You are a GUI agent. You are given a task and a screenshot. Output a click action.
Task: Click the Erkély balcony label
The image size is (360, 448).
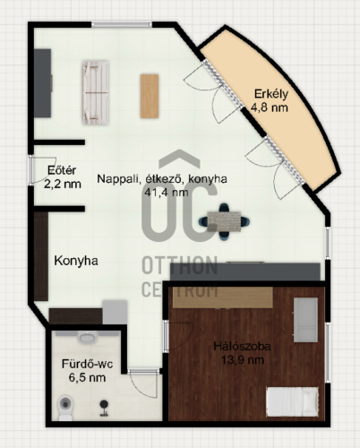click(x=271, y=94)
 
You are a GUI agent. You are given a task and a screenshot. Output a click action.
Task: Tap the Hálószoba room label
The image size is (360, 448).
click(x=243, y=347)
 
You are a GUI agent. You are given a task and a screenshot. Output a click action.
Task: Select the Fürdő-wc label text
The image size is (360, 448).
click(x=87, y=364)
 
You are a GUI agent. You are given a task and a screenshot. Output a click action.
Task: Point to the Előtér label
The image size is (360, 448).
click(x=62, y=170)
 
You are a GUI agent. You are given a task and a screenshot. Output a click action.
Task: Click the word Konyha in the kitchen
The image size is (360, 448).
click(x=76, y=261)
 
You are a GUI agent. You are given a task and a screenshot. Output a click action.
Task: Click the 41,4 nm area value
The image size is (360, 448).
click(x=167, y=193)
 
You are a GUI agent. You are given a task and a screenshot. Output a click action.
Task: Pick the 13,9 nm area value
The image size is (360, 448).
click(x=243, y=359)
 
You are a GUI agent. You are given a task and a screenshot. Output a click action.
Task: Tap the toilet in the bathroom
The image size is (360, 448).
click(x=65, y=408)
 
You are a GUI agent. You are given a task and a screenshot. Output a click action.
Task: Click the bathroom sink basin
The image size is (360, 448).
click(x=87, y=338)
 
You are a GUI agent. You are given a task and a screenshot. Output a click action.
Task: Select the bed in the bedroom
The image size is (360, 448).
click(x=292, y=401)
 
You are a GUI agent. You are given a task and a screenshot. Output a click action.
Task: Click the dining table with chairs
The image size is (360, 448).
click(x=224, y=221)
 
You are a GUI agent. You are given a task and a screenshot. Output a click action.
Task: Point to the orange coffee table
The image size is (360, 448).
click(x=150, y=96)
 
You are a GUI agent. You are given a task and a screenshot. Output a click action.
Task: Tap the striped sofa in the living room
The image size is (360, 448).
click(x=96, y=92)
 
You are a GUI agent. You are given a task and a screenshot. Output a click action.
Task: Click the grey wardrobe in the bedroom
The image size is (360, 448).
click(x=305, y=320)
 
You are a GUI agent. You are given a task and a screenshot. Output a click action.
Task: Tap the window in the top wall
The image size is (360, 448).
click(x=122, y=25)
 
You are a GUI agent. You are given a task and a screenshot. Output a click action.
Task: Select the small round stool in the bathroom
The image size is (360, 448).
click(x=104, y=408)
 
